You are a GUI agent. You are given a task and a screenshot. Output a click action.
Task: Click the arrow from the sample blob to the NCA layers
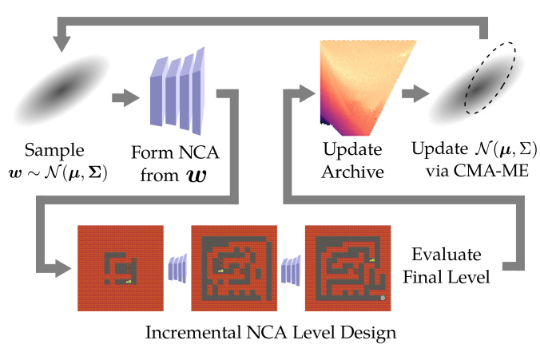pyautogui.click(x=124, y=98)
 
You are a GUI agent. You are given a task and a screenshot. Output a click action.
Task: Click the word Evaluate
pyautogui.click(x=447, y=255)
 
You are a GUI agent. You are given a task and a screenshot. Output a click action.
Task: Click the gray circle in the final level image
pyautogui.click(x=383, y=297)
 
